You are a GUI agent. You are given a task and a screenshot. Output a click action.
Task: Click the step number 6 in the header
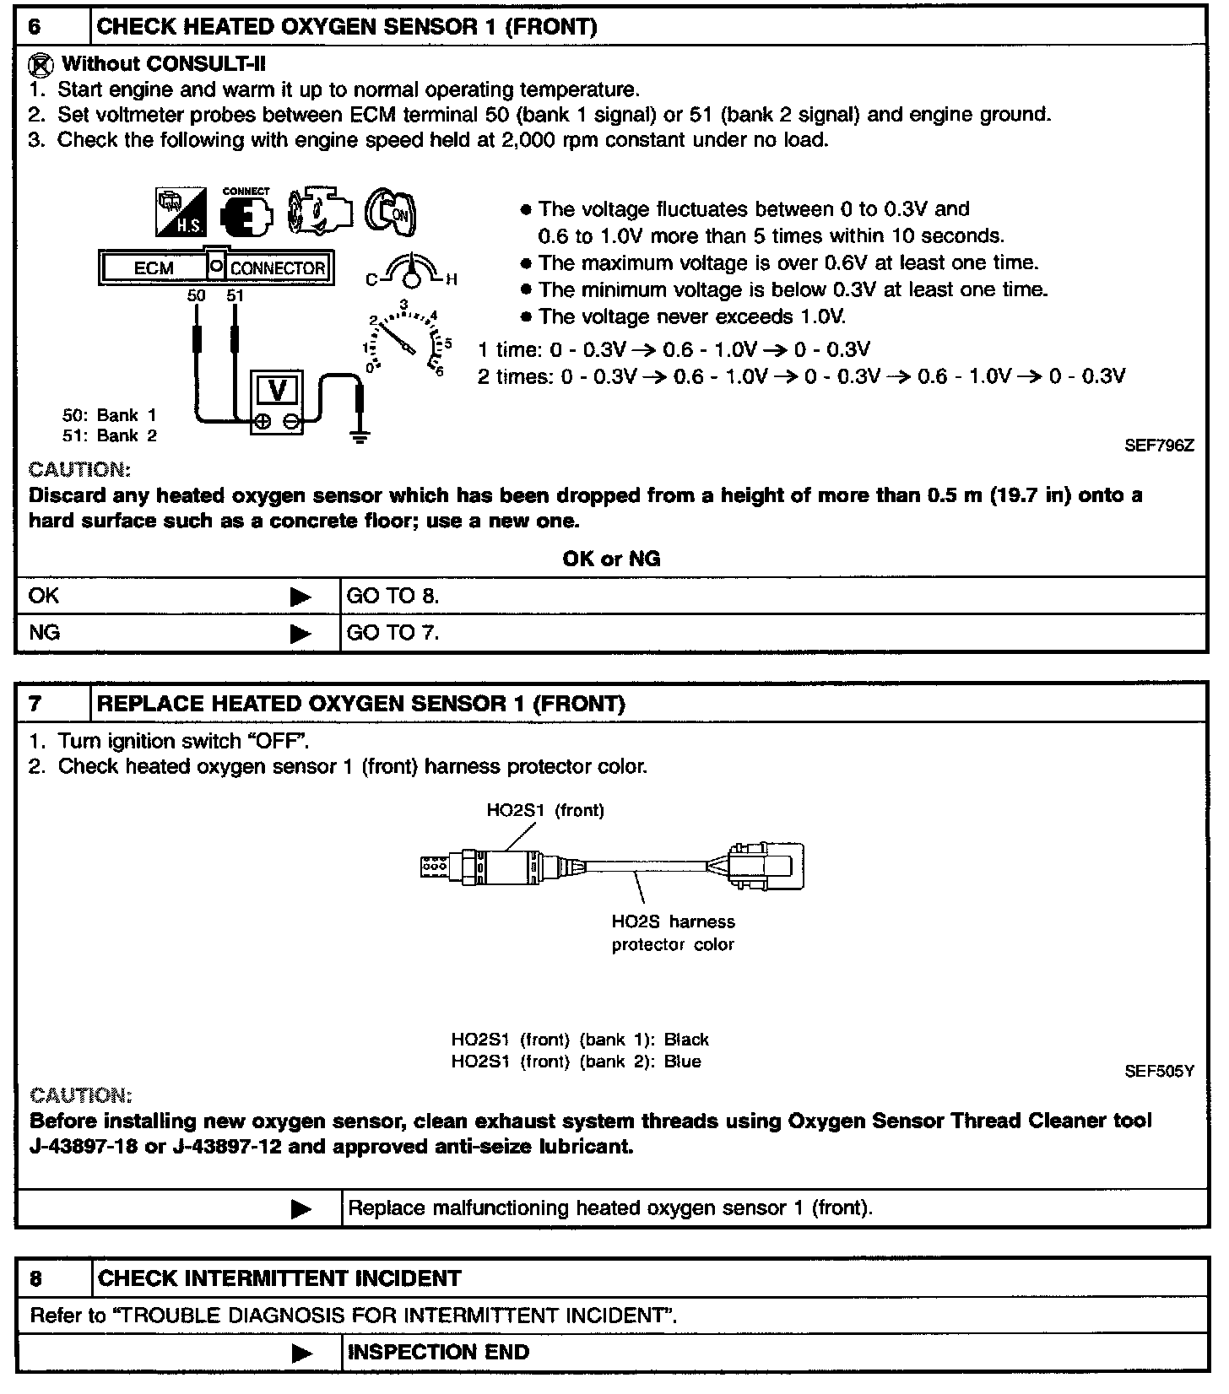(35, 26)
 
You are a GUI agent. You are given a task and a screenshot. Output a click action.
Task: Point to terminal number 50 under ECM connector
(196, 295)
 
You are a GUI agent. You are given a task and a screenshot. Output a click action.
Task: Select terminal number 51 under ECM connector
(235, 295)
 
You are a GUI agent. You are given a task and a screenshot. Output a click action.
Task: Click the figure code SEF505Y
(1159, 1072)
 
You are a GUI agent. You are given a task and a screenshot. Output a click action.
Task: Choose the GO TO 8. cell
(393, 596)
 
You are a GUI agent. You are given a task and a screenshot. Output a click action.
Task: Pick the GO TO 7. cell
(393, 632)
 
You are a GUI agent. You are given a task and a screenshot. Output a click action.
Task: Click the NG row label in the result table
(45, 632)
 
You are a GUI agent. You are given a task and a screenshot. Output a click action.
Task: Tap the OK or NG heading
(611, 559)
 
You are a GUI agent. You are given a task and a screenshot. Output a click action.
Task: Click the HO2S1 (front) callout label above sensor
(545, 810)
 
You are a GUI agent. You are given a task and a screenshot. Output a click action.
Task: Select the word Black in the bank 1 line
(686, 1040)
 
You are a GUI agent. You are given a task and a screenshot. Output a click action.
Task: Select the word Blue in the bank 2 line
(682, 1062)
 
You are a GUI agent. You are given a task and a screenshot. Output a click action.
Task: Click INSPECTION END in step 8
(438, 1352)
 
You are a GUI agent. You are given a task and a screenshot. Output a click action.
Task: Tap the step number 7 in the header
(35, 704)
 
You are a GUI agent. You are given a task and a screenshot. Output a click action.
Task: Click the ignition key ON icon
(391, 211)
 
